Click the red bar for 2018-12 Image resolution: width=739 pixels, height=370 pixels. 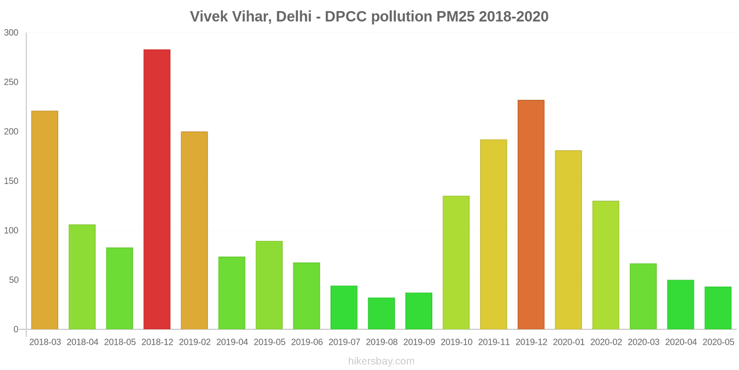157,190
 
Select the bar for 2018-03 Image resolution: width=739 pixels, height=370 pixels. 45,220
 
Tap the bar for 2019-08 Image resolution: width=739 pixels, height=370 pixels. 382,314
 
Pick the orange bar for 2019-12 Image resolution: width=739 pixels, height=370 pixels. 531,215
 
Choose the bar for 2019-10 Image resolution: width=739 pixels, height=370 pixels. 456,263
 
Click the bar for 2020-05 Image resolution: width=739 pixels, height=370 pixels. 718,308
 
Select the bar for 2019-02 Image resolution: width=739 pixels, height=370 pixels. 194,230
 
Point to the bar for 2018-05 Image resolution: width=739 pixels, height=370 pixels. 120,289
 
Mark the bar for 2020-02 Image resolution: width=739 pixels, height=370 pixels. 606,265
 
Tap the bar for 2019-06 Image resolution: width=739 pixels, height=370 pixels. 307,296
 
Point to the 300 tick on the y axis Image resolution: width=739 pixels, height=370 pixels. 11,33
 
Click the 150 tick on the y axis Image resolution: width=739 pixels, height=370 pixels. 11,181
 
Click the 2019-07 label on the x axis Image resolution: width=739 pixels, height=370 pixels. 344,342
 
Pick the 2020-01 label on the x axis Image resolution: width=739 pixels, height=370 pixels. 569,342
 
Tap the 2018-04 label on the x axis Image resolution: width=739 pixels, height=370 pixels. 82,342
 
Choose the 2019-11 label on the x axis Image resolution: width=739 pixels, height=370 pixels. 494,342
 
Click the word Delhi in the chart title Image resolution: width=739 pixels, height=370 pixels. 293,17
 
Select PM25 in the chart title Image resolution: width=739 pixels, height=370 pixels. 455,17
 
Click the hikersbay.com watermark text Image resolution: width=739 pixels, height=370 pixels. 382,361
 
